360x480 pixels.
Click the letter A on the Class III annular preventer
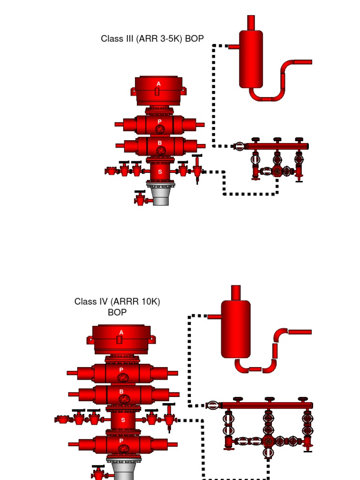point(158,83)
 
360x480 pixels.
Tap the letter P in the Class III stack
point(159,121)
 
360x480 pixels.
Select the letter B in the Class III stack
point(159,143)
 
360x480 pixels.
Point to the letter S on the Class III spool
point(160,172)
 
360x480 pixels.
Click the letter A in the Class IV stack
point(121,332)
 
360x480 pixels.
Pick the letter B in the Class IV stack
point(121,391)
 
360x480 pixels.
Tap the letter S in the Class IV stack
point(123,420)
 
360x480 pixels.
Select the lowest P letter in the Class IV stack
point(121,441)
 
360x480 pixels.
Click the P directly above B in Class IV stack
point(121,370)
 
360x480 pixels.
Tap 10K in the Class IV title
point(149,301)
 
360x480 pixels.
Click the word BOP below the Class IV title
point(117,312)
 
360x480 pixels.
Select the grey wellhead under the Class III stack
point(160,196)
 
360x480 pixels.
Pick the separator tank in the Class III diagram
point(251,59)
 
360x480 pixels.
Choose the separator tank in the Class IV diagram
point(236,329)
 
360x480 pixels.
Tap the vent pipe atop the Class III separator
point(251,22)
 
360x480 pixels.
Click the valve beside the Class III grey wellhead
point(141,198)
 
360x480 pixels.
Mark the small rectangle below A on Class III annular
point(157,91)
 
